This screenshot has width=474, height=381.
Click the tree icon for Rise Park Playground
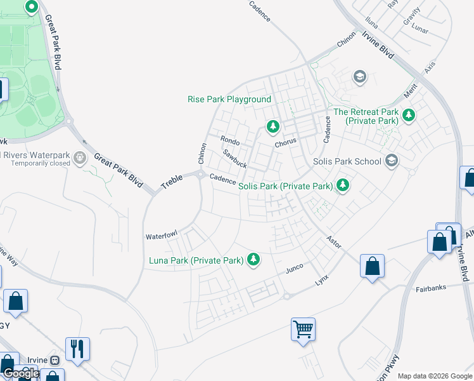tap(273, 126)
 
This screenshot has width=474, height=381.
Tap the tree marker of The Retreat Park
tap(409, 116)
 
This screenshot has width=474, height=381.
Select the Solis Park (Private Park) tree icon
tap(343, 185)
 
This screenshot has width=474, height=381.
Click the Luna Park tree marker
tap(253, 259)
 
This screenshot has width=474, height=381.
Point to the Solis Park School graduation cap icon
tap(392, 161)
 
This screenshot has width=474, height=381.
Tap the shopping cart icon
tap(303, 329)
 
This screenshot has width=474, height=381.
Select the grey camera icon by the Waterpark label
tap(79, 157)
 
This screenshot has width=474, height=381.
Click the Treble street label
tap(171, 182)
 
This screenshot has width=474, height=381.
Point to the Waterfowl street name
tap(162, 236)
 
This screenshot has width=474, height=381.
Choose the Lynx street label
tap(323, 280)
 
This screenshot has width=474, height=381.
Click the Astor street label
tap(333, 241)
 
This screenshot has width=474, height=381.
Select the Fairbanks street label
tap(431, 288)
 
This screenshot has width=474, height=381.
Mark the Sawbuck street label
tap(235, 159)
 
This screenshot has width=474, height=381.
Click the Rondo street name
tap(229, 140)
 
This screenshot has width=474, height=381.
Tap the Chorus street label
tap(285, 143)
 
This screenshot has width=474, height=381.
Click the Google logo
tap(21, 373)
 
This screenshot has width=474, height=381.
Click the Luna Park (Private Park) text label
tap(196, 260)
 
